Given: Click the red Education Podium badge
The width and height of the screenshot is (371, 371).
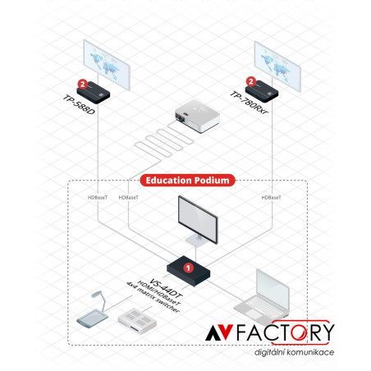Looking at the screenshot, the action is (187, 181).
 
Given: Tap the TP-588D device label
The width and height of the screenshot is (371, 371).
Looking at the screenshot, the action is (80, 105).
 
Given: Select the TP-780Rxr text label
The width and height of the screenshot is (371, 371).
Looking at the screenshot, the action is (249, 103).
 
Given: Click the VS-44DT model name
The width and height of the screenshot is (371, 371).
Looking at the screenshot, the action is (166, 289).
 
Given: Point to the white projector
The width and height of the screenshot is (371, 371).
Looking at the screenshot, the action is (198, 116).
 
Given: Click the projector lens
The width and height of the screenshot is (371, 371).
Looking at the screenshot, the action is (181, 118).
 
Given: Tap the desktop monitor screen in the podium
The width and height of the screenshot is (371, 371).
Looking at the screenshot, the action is (198, 219).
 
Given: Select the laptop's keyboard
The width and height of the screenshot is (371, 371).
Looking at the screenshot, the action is (261, 305).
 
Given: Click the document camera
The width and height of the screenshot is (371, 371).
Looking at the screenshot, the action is (94, 310).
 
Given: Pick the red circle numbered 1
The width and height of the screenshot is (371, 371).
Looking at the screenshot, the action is (188, 268).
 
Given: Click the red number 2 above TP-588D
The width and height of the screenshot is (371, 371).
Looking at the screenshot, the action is (83, 84).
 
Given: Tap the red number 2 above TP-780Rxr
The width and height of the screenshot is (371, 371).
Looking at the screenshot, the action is (251, 81).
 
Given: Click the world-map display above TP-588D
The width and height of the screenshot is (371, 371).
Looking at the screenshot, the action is (107, 65).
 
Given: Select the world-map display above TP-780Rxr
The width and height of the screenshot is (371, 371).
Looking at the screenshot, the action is (277, 66).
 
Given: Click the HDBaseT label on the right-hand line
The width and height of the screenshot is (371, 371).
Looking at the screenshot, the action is (271, 197).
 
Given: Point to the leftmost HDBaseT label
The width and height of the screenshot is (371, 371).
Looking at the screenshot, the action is (98, 197).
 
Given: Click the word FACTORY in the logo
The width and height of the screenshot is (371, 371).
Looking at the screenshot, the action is (285, 332).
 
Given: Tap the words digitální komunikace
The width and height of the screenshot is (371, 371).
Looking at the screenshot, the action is (294, 352).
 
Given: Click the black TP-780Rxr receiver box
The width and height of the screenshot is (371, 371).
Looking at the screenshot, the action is (262, 91).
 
